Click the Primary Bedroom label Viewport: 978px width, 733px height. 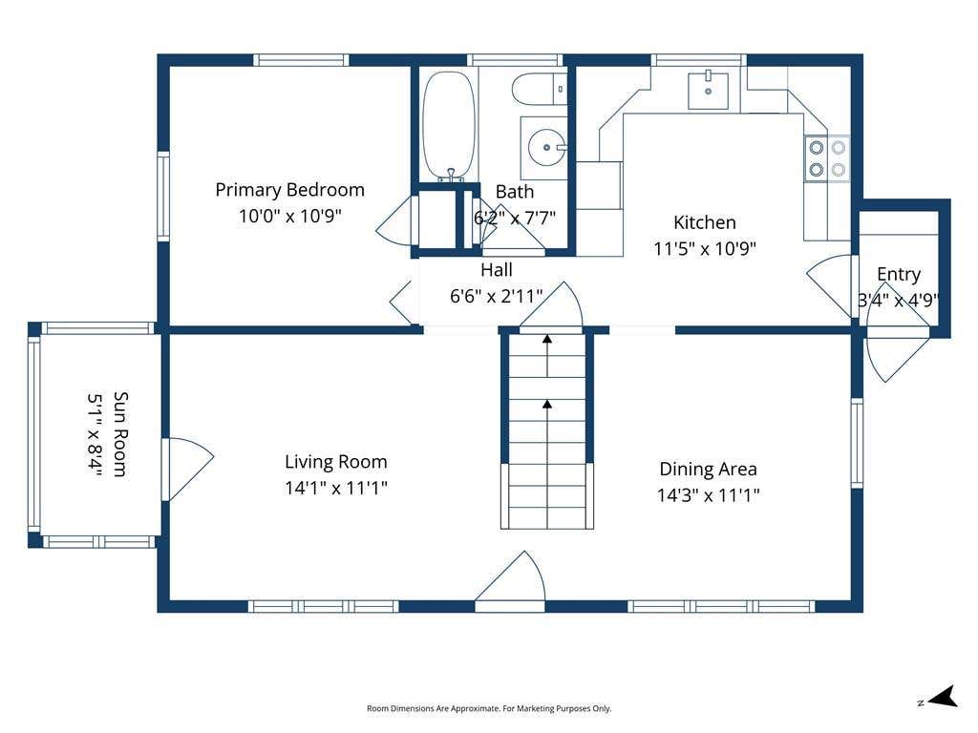tap(289, 190)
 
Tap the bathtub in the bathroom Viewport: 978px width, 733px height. tap(449, 126)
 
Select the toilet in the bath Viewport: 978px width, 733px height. tap(539, 89)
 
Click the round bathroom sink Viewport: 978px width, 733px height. tap(547, 148)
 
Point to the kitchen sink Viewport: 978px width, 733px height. tap(708, 91)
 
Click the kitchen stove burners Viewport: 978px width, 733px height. tap(827, 158)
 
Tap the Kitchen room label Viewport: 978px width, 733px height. tap(704, 222)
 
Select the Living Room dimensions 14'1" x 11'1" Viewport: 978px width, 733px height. tap(335, 488)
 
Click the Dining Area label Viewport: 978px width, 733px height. tap(708, 469)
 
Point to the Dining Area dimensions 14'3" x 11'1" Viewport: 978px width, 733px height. tap(708, 495)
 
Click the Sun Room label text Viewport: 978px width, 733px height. tap(120, 434)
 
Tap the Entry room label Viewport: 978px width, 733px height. tap(898, 274)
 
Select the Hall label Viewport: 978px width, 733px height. tap(497, 270)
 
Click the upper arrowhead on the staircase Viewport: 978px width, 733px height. tap(547, 339)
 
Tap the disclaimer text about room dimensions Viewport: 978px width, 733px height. tap(489, 708)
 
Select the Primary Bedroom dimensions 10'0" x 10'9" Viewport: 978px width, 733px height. tap(290, 216)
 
